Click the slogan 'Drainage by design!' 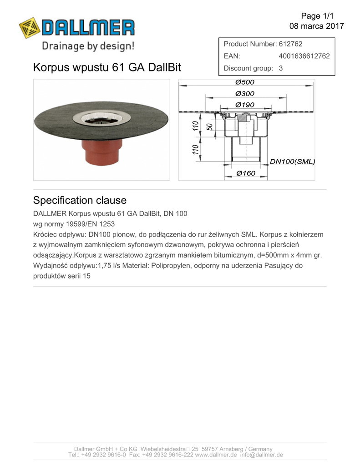88,46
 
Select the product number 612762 290,44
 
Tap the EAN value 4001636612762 304,56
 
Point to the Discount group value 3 281,68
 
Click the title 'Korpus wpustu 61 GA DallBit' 107,68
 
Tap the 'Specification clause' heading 80,201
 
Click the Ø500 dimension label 245,82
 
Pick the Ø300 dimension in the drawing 245,94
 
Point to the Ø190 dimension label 245,105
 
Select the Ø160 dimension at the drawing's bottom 246,173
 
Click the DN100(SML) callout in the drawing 292,162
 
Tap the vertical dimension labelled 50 209,127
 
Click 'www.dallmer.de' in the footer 216,455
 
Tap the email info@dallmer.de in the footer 262,455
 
